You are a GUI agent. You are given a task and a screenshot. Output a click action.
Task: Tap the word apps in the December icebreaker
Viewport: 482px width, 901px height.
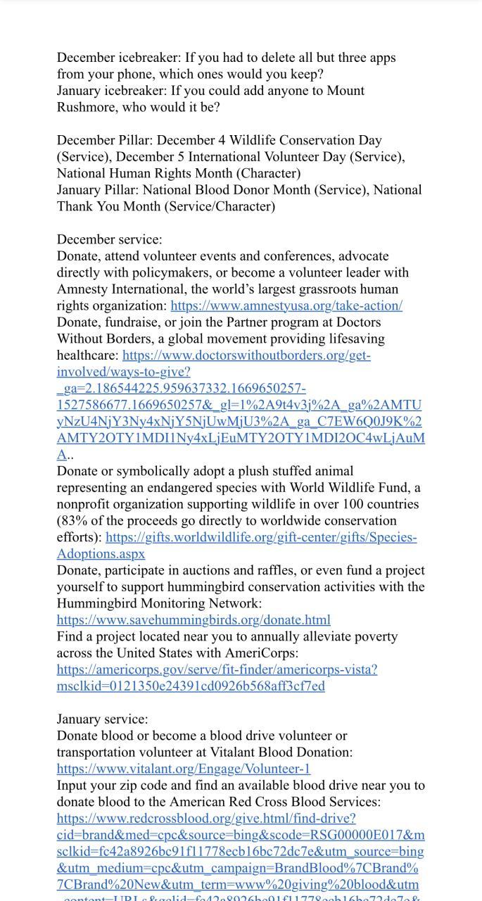[380, 58]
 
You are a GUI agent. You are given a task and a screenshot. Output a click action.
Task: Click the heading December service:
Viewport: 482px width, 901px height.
[109, 239]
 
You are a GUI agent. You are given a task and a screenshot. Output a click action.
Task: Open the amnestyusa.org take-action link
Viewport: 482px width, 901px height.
[286, 305]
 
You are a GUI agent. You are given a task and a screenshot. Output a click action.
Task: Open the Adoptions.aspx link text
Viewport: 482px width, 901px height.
[101, 554]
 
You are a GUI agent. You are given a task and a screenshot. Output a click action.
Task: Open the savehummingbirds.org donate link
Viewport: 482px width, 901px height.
[194, 620]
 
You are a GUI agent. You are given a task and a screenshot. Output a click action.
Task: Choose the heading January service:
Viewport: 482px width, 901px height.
[102, 719]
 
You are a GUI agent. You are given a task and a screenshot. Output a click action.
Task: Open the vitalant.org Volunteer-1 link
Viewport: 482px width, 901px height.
[183, 769]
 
